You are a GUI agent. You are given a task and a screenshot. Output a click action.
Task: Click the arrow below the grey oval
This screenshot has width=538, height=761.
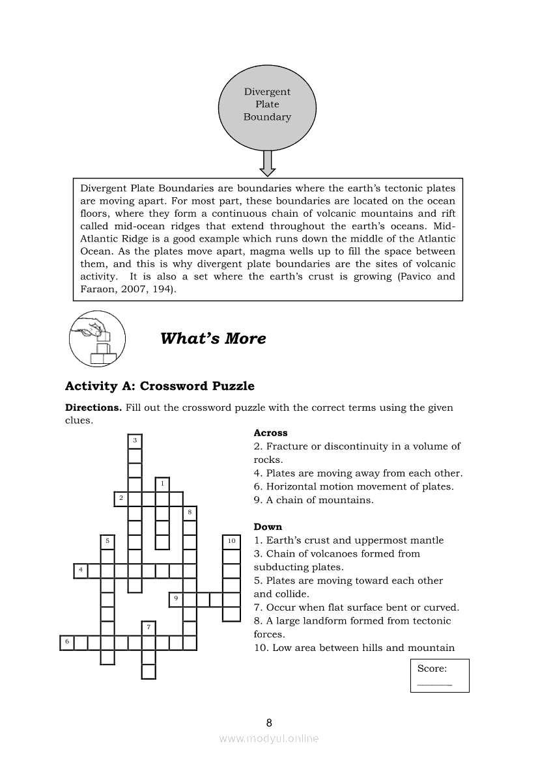point(267,163)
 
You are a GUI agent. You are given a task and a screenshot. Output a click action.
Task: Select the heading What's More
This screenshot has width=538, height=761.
point(213,339)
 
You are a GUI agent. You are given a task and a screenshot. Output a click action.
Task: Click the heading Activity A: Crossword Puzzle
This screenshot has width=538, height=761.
point(160,386)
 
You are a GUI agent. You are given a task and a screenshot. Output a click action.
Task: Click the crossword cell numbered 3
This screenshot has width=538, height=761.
point(135,441)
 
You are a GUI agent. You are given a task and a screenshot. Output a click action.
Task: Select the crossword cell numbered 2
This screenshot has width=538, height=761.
point(121,499)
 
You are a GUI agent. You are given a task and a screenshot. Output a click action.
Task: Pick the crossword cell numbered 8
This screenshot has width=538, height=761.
point(190,512)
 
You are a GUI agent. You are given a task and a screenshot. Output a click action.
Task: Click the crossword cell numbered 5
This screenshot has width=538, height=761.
point(107,541)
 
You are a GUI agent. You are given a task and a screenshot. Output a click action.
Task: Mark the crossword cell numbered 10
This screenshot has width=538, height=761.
point(231,541)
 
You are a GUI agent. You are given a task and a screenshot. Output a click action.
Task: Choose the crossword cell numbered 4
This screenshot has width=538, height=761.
point(80,570)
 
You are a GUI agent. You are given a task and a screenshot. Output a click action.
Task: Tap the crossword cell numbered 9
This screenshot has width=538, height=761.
point(176,598)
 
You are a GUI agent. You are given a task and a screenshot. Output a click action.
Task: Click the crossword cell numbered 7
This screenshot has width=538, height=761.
point(149,628)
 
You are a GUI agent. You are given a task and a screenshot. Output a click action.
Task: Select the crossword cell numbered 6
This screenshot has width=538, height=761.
point(66,643)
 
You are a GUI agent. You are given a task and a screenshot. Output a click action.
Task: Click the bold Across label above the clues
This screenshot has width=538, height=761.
point(270,433)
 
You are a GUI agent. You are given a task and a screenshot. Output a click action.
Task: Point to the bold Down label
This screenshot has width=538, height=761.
point(268,527)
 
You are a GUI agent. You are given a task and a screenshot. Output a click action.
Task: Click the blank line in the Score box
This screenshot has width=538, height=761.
point(434,684)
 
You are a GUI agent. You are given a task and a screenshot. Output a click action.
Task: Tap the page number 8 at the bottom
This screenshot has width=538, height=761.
point(269,723)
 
